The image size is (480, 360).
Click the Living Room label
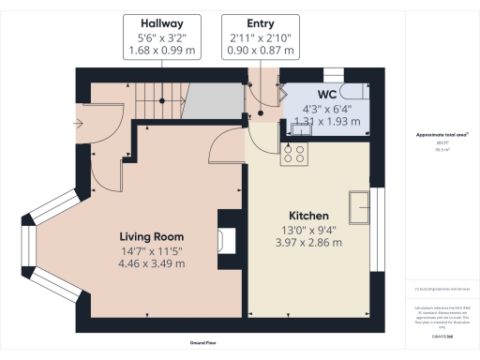tap(151, 236)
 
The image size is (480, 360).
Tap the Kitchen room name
tap(307, 215)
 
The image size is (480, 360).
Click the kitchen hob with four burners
tap(294, 153)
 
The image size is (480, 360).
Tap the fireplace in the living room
tap(226, 243)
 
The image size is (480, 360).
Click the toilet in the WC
tap(350, 92)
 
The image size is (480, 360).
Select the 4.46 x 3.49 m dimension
tap(151, 263)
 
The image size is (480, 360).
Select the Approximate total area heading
tap(442, 135)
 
